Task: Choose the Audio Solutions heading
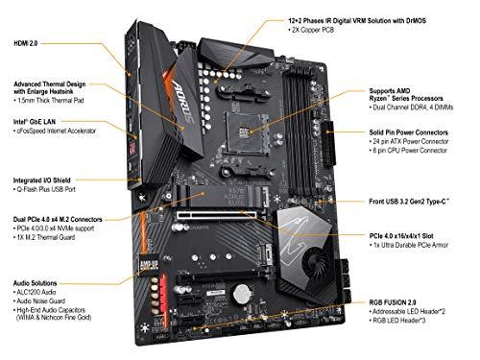click(x=36, y=284)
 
